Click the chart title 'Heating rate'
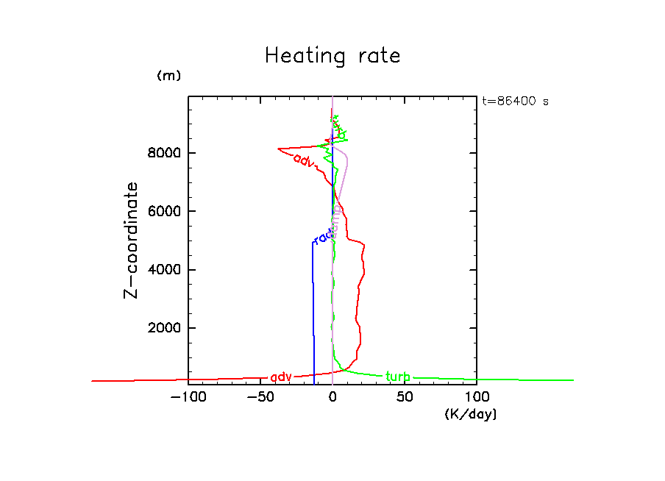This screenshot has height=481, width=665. [332, 56]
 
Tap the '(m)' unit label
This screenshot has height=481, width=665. [168, 76]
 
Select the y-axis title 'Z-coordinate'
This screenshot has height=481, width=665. [132, 240]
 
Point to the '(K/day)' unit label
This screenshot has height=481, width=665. [471, 415]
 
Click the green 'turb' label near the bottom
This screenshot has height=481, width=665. [398, 377]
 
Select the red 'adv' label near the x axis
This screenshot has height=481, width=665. [281, 377]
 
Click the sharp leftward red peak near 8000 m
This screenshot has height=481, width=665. [279, 149]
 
